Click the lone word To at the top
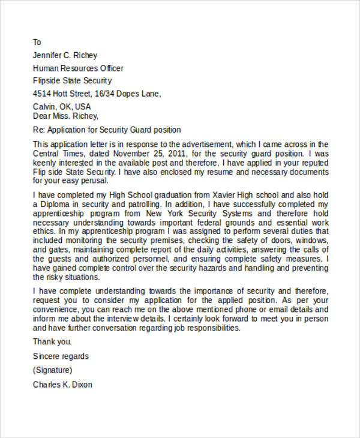point(37,43)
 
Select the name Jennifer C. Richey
point(65,55)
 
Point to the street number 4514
point(43,94)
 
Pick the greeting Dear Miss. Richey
point(65,116)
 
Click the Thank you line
point(52,342)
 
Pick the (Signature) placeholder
point(53,370)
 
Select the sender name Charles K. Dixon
point(62,385)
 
